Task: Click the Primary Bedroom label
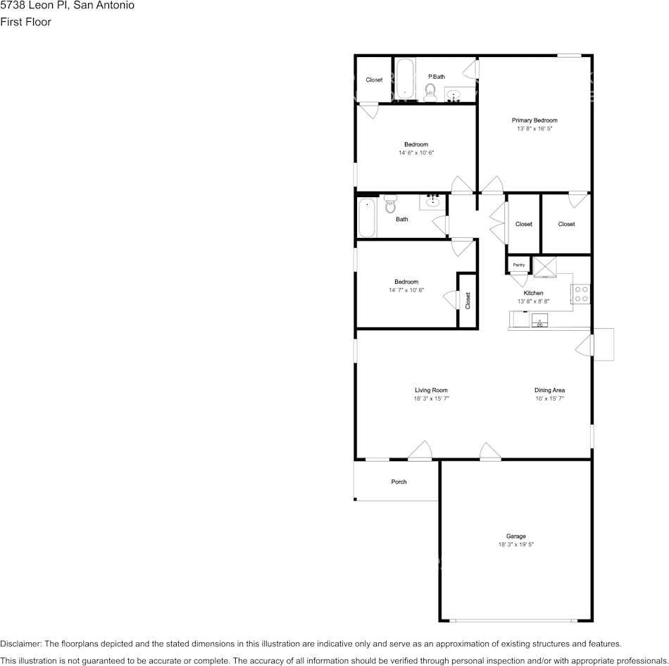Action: point(534,120)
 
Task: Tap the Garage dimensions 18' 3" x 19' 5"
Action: point(515,545)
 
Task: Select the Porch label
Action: point(399,482)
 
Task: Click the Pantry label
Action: point(519,265)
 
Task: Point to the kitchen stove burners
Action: point(581,294)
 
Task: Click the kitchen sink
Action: point(540,322)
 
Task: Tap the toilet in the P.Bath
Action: point(430,91)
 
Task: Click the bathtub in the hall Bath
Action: point(366,218)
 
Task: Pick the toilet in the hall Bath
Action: point(391,205)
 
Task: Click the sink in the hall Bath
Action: point(433,203)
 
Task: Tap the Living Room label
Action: point(431,390)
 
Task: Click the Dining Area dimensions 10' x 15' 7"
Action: point(549,398)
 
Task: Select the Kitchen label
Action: point(533,293)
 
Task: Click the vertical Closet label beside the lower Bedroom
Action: point(468,301)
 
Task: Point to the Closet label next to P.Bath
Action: point(374,80)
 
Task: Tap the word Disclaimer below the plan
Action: point(20,643)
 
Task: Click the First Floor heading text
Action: point(25,22)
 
